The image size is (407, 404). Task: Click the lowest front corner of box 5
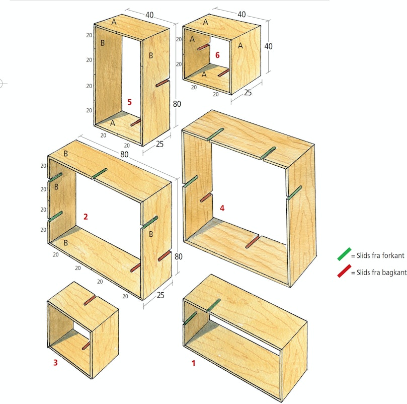point(142,146)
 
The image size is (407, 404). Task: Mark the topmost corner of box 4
point(212,110)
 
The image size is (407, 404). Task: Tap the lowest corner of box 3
point(92,379)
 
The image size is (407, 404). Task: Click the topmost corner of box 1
point(211,274)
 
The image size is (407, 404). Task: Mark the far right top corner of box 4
point(314,144)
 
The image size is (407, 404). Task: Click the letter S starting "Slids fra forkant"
point(359,255)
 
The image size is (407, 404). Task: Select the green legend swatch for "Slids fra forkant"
point(344,254)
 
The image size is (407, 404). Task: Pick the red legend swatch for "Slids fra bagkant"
point(344,271)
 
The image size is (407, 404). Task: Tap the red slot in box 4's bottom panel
point(252,242)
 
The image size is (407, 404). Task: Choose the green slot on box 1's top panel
point(214,305)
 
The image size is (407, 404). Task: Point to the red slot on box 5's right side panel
point(162,83)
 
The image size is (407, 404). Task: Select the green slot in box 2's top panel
point(100,173)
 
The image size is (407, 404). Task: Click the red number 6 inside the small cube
point(217,55)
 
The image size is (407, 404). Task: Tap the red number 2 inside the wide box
point(86,217)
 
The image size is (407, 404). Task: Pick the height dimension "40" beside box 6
point(268,46)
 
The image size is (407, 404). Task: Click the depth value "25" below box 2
point(160,295)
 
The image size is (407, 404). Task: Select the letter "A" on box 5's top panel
point(114,22)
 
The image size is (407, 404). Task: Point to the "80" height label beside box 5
point(177,104)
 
